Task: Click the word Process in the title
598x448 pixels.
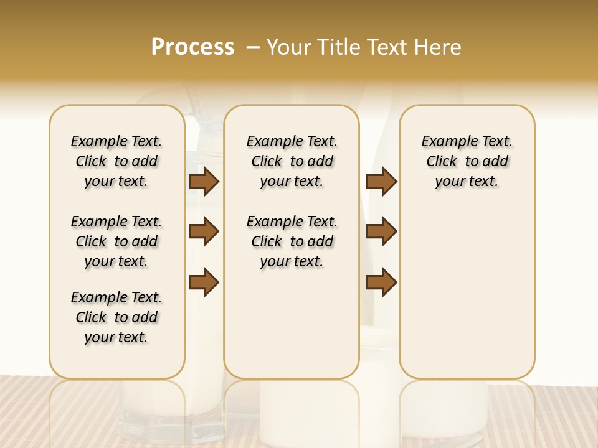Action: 192,47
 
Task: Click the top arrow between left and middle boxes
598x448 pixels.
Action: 204,182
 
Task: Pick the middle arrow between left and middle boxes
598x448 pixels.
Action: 204,231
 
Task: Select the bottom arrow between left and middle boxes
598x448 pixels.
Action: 204,282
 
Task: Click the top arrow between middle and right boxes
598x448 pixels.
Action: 381,182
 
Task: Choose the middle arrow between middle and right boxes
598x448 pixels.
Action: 381,231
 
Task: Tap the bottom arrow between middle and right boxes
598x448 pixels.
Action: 381,282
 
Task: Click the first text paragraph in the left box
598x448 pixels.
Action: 116,161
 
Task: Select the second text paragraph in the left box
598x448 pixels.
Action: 116,241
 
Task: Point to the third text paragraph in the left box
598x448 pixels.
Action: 116,317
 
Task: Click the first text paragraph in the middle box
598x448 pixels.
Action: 292,161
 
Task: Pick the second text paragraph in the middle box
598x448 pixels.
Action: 292,241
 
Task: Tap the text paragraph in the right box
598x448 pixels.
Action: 467,161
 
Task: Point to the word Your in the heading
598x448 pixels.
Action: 290,47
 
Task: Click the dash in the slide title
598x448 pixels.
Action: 253,47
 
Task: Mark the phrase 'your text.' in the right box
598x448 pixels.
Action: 467,182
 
